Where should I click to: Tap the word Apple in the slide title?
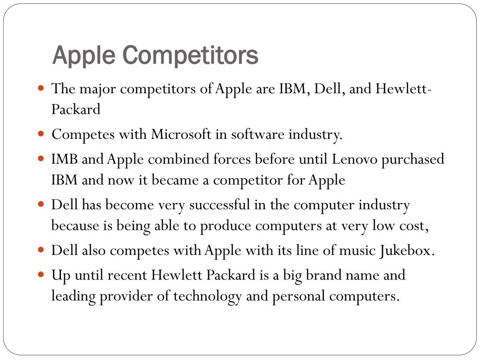coord(83,55)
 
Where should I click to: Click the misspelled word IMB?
coord(65,159)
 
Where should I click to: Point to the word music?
coord(358,250)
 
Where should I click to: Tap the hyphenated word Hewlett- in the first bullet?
coord(404,88)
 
